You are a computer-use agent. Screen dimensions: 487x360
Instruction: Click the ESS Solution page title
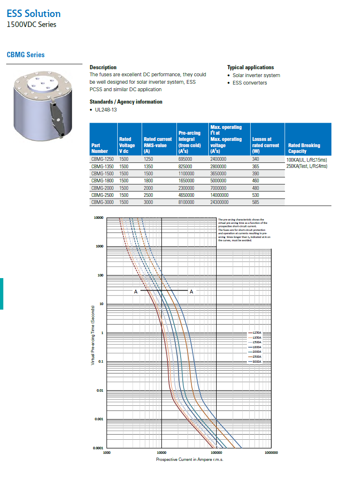tap(34, 13)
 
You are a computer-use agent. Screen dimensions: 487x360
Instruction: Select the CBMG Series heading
tap(26, 55)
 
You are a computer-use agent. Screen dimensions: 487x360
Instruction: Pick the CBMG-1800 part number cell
tap(102, 181)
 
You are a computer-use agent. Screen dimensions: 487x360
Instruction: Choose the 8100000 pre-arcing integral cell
tap(186, 202)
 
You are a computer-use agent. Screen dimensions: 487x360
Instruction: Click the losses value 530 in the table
tap(256, 195)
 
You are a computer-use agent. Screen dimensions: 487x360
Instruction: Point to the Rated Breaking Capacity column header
tap(304, 148)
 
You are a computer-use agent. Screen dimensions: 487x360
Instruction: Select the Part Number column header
tap(99, 148)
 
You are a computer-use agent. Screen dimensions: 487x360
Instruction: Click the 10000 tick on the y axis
tap(98, 218)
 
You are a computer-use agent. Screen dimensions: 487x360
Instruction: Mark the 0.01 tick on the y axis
tap(99, 391)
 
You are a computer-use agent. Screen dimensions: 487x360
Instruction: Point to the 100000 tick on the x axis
tap(216, 453)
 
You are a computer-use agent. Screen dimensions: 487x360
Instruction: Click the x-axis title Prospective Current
tap(190, 460)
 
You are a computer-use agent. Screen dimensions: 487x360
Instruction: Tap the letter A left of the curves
tap(135, 292)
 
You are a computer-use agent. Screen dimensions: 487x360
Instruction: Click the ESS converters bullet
tap(249, 83)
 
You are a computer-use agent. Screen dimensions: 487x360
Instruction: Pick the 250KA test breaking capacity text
tap(307, 166)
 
